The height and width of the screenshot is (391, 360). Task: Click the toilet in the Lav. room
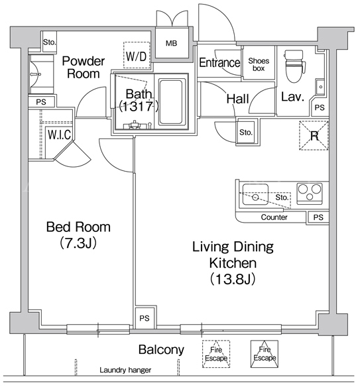[295, 66]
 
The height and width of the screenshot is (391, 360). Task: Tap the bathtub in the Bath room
[170, 102]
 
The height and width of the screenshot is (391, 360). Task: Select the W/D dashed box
[137, 55]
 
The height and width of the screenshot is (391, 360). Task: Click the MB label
[172, 43]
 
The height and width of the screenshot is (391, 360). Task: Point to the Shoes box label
[259, 64]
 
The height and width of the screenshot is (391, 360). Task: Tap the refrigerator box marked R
[314, 136]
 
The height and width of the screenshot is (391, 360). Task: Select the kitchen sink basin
[255, 194]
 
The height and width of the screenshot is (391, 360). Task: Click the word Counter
[274, 217]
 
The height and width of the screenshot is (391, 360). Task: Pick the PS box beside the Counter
[318, 217]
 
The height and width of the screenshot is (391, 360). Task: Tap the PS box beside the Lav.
[320, 108]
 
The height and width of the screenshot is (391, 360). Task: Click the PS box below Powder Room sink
[41, 102]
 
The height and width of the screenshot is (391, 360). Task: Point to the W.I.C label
[60, 135]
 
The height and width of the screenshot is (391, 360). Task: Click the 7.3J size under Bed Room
[78, 243]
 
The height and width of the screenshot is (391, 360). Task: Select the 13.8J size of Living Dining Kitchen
[233, 279]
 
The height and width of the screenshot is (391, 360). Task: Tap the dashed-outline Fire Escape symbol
[216, 354]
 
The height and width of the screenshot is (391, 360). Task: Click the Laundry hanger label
[125, 370]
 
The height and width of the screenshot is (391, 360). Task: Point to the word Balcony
[161, 350]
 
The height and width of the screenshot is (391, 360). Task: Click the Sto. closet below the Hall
[246, 132]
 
